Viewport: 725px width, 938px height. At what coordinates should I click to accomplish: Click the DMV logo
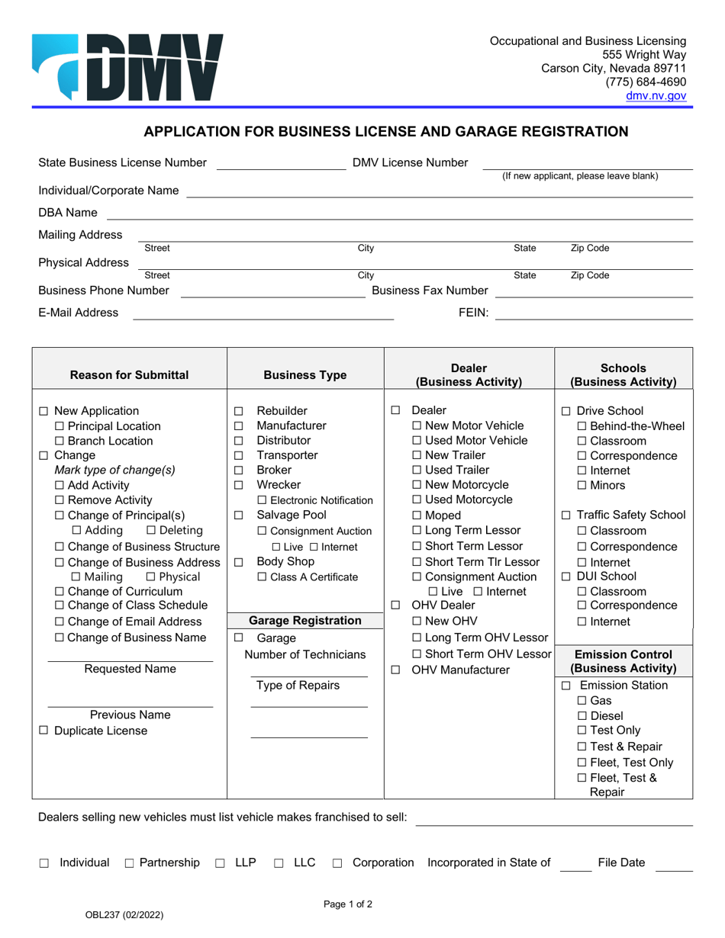[x=127, y=67]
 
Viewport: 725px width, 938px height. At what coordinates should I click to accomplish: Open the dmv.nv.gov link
[x=656, y=96]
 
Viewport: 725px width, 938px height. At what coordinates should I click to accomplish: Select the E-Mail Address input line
[x=263, y=313]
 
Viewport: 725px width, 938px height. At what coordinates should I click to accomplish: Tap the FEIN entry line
[x=594, y=313]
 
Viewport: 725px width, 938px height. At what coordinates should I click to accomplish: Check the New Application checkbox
[x=43, y=412]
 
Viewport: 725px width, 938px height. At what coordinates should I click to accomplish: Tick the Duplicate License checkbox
[x=43, y=731]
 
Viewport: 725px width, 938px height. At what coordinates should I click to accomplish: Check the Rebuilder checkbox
[x=239, y=412]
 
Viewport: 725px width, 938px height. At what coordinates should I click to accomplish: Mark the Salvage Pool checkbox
[x=239, y=516]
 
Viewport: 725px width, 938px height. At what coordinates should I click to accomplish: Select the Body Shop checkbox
[x=239, y=562]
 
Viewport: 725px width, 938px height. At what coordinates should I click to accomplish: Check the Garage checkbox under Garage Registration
[x=239, y=638]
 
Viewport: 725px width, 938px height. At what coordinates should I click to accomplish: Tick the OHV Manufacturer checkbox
[x=395, y=670]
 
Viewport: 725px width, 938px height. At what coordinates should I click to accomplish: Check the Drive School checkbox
[x=566, y=412]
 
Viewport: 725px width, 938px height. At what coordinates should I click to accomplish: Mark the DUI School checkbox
[x=566, y=577]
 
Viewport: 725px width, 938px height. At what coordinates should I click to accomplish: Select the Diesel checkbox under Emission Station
[x=582, y=716]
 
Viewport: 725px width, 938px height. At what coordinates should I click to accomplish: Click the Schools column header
[x=623, y=374]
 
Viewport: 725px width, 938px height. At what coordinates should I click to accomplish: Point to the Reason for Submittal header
[x=130, y=374]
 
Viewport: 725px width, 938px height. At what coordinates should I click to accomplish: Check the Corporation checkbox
[x=337, y=863]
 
